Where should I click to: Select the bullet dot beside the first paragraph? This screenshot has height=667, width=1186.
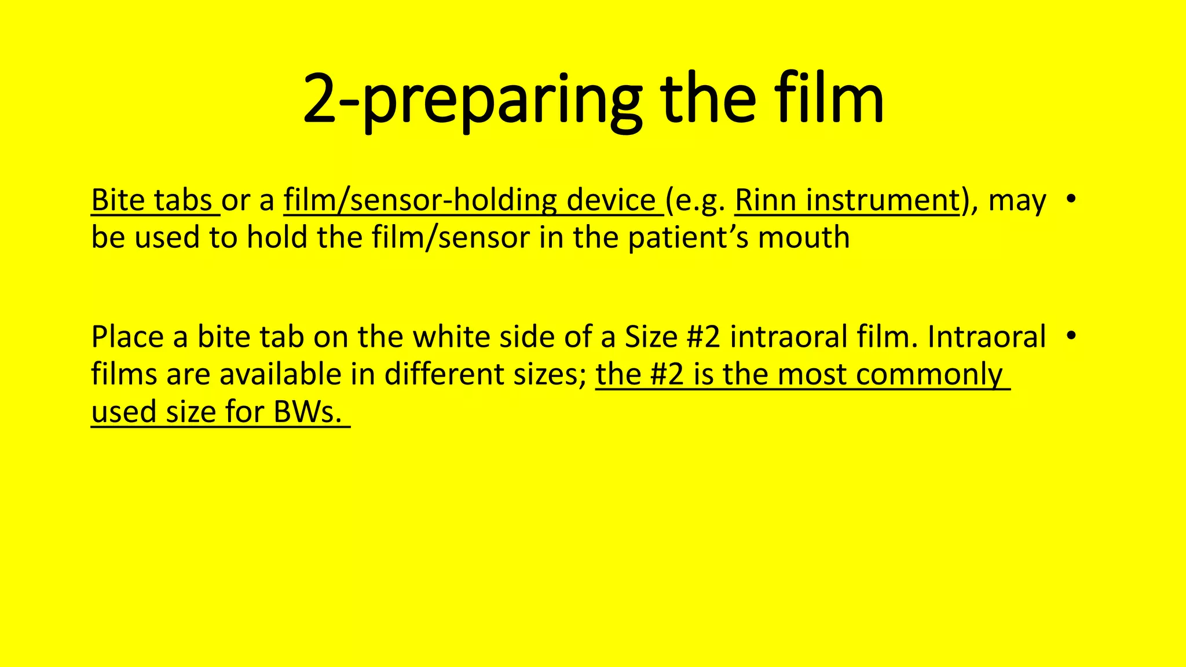pyautogui.click(x=1071, y=199)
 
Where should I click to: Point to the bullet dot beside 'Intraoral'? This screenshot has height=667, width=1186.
pyautogui.click(x=1071, y=335)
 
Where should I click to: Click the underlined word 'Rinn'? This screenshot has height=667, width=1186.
pyautogui.click(x=764, y=200)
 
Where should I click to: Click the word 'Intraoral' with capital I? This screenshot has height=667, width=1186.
pyautogui.click(x=987, y=337)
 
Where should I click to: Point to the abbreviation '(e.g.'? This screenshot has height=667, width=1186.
pyautogui.click(x=696, y=201)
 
